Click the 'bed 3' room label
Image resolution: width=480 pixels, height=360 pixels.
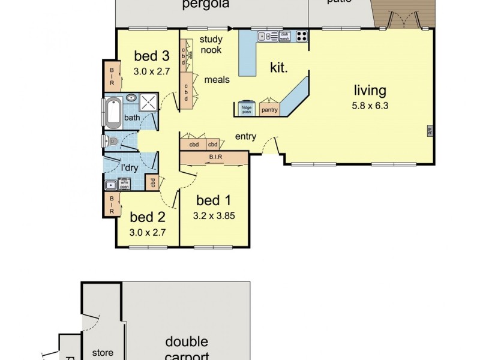(x=151, y=56)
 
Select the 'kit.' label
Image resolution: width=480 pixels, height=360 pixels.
(x=278, y=68)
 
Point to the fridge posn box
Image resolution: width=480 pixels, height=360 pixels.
(x=247, y=108)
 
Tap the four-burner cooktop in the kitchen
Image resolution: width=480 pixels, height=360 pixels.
(x=301, y=36)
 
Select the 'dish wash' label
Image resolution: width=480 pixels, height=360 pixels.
(x=284, y=36)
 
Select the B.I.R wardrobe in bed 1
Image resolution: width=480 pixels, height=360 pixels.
(x=214, y=158)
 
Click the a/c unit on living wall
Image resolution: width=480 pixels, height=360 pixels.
(x=430, y=130)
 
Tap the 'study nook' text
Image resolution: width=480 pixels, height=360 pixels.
(x=211, y=45)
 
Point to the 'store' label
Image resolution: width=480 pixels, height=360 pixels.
(x=102, y=353)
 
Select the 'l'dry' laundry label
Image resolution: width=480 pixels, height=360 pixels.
(x=130, y=168)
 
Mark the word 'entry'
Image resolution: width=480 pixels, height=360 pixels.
(x=245, y=136)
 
